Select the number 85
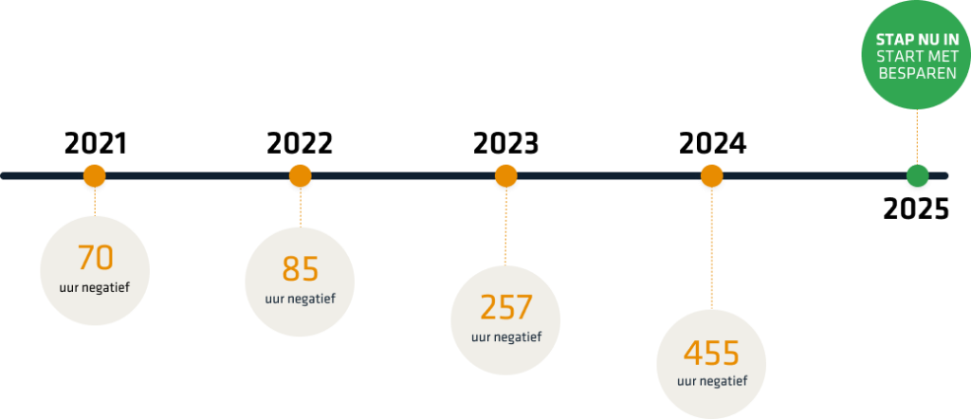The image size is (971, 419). [300, 269]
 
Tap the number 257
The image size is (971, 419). [505, 307]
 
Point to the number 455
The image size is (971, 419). [711, 353]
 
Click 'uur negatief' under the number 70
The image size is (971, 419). [95, 284]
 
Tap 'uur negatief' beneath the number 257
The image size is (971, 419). [505, 337]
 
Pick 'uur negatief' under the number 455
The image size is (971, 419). [711, 381]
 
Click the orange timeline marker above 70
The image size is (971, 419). [94, 176]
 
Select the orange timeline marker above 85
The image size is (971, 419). [300, 176]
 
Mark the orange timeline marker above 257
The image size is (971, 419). [505, 176]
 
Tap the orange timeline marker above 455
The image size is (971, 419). [711, 176]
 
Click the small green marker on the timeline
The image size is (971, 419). [916, 176]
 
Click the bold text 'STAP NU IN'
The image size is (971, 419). [915, 39]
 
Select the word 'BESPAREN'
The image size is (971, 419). [915, 71]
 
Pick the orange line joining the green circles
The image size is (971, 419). [916, 137]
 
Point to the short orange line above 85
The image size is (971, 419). [300, 207]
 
